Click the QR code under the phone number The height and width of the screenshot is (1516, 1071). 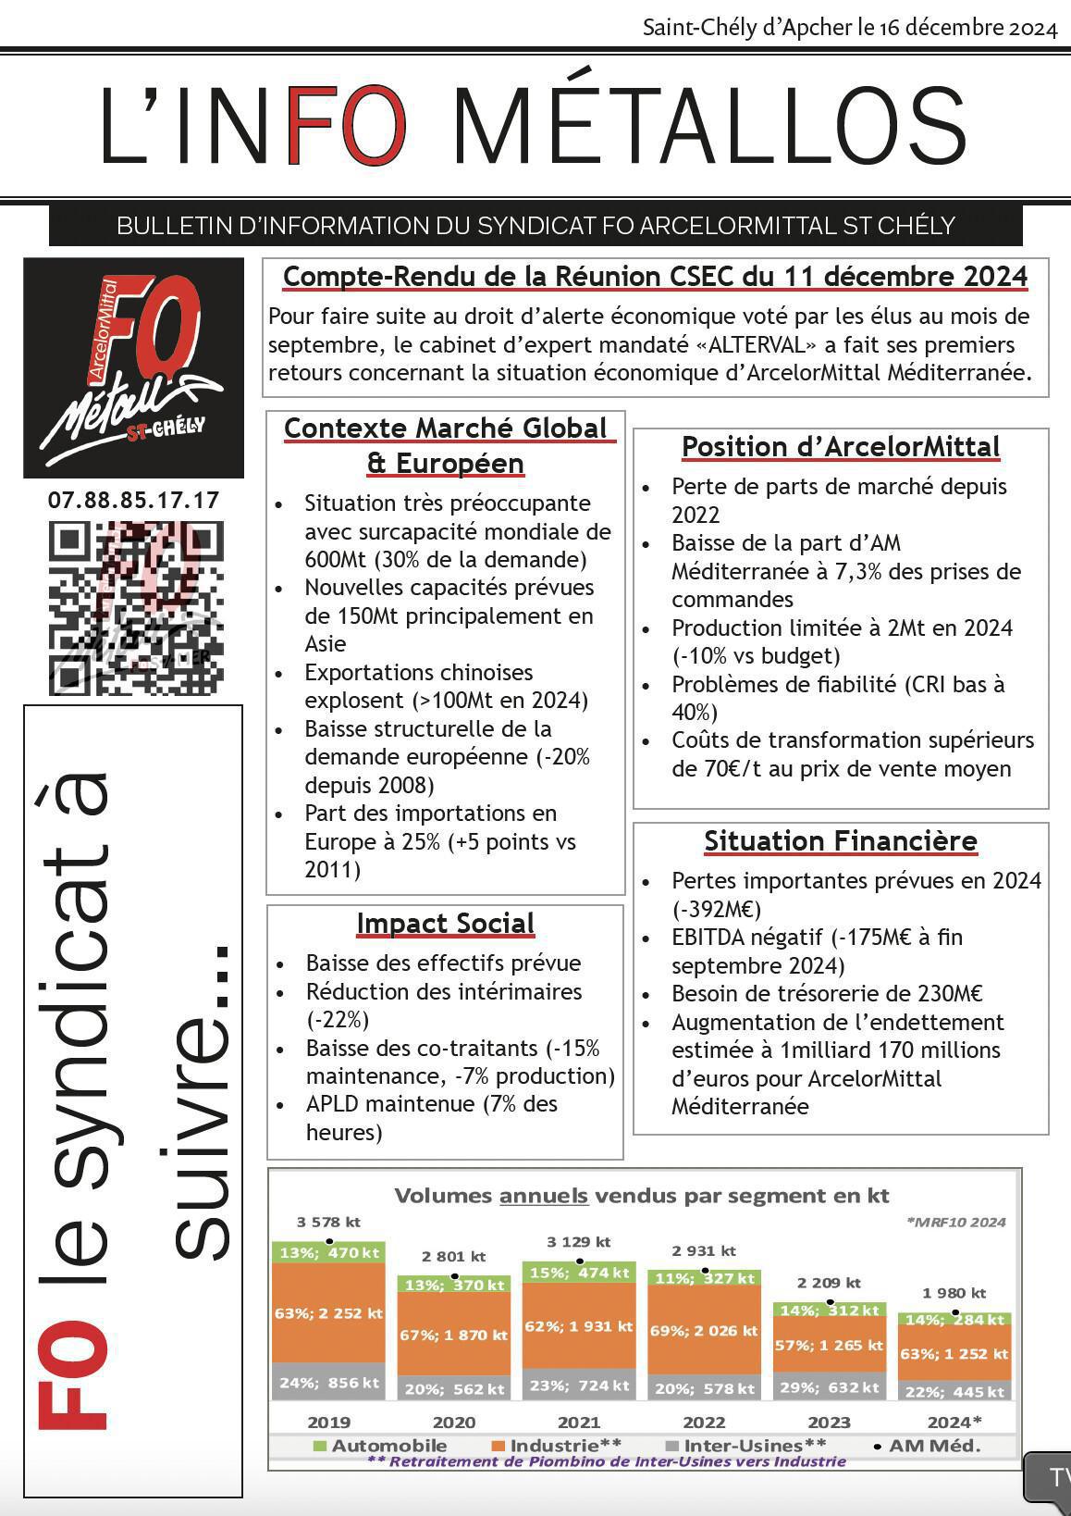136,608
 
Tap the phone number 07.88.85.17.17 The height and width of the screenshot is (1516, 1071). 134,501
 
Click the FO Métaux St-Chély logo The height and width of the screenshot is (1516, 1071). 134,367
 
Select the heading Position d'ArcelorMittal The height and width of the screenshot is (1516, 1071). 841,447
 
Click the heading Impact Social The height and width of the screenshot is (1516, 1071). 445,924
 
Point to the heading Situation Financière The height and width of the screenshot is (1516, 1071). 841,841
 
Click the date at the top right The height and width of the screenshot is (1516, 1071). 849,28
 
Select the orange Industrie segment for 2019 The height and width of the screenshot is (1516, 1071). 328,1313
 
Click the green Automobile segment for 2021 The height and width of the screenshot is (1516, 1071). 579,1273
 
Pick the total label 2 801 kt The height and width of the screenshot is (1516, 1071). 453,1257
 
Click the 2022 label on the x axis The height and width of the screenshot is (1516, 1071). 704,1423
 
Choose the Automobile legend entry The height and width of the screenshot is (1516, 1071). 380,1446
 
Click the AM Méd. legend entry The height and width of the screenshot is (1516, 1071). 926,1446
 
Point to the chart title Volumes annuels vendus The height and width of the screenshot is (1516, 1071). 642,1196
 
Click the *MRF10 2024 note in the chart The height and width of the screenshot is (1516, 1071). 956,1222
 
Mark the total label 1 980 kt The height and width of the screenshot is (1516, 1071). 954,1293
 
